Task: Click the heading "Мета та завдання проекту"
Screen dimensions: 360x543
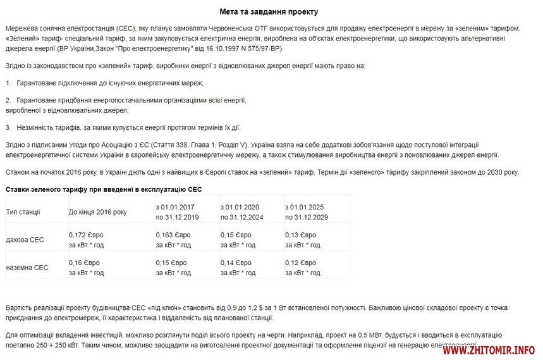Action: (x=269, y=12)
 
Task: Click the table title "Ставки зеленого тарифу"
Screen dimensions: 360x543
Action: (x=104, y=189)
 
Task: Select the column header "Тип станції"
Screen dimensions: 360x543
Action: (x=23, y=212)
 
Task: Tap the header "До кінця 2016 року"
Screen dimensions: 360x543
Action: (x=97, y=212)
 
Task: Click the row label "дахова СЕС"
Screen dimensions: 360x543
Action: (x=25, y=240)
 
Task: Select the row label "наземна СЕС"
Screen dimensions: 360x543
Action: (x=27, y=268)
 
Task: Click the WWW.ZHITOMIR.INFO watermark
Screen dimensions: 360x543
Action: (x=488, y=350)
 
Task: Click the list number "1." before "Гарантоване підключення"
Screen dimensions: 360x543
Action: (x=8, y=83)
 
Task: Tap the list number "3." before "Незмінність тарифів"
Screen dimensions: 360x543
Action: (x=8, y=127)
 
